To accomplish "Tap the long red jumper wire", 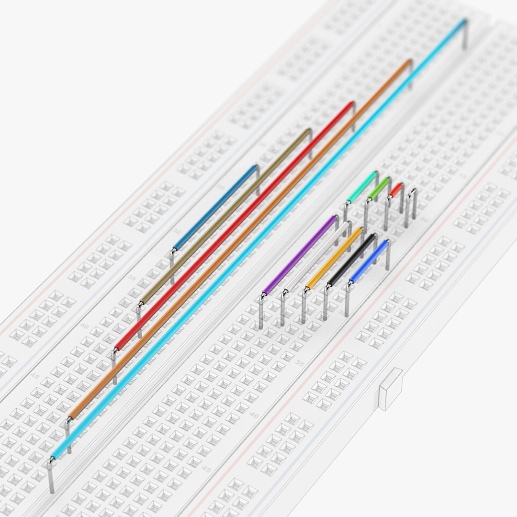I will click(x=235, y=225).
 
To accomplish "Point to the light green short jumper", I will click(x=379, y=189).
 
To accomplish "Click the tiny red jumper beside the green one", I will click(x=395, y=190).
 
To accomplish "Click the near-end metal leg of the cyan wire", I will click(x=51, y=476).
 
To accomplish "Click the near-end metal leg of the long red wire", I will click(x=114, y=366).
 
